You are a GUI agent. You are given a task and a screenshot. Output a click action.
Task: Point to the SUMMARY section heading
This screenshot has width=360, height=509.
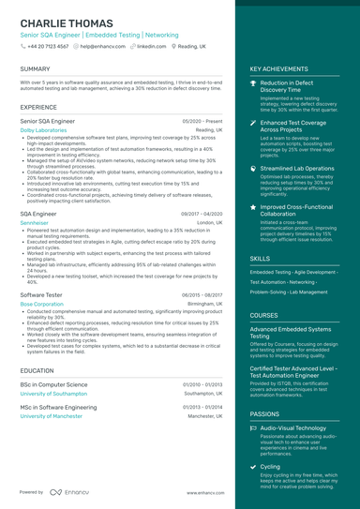click(x=35, y=69)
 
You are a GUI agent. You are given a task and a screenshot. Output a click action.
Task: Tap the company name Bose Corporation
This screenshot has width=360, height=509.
click(x=41, y=304)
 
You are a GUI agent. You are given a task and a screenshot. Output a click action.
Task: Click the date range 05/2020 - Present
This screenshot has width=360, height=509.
click(x=202, y=121)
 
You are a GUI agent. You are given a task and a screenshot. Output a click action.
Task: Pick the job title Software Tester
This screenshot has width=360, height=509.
click(x=41, y=294)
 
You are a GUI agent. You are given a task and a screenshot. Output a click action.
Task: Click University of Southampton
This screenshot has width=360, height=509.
click(x=52, y=394)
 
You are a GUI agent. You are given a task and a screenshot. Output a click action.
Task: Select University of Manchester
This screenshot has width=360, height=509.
click(x=51, y=415)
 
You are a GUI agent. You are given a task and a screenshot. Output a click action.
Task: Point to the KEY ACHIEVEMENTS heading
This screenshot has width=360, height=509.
click(x=278, y=69)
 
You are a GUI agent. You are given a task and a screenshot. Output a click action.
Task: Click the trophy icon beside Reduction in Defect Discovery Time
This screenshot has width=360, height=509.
click(x=253, y=83)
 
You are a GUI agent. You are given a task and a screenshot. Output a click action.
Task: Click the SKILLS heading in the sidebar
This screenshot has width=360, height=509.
click(x=260, y=258)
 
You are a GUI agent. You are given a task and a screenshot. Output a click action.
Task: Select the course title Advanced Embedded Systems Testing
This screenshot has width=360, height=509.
click(x=290, y=333)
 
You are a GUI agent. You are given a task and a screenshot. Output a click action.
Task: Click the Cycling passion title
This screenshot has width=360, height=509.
click(x=270, y=466)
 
